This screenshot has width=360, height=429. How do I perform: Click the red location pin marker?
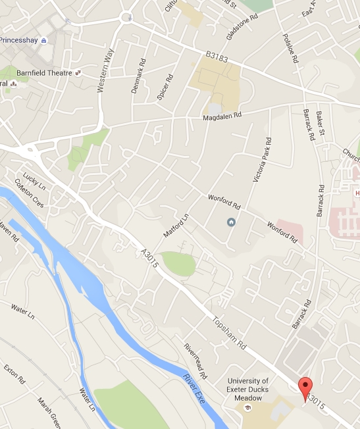304,388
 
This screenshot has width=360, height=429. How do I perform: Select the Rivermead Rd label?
195,362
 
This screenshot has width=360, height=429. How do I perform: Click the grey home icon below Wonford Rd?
231,221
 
